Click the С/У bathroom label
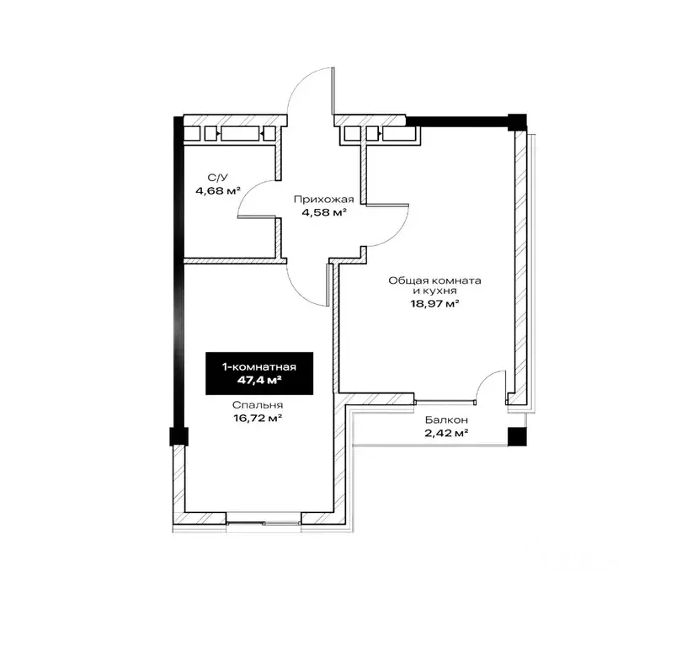[218, 178]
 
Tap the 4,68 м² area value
[218, 191]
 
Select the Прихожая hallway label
[323, 200]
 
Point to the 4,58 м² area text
[324, 212]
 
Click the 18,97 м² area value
[435, 304]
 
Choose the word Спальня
[258, 405]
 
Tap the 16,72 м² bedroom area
[258, 418]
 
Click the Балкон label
[446, 419]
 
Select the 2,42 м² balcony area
[446, 433]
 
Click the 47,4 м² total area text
[259, 380]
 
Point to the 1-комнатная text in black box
[259, 367]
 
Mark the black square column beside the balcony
[517, 436]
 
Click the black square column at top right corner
[517, 121]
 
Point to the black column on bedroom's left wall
[179, 436]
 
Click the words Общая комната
[435, 281]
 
